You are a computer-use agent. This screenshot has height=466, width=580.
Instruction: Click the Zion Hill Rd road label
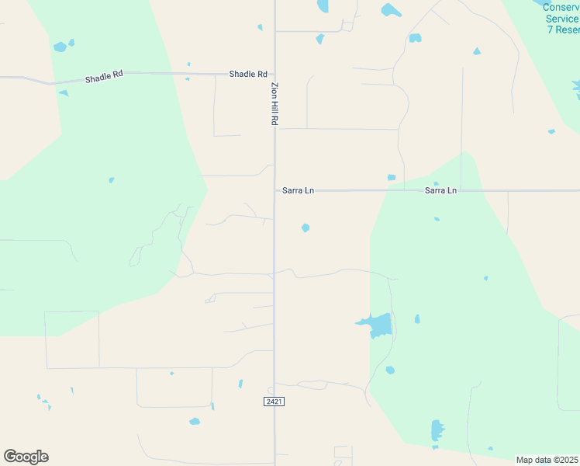tap(274, 104)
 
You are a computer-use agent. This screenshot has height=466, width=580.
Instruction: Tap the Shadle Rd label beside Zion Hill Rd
tap(247, 74)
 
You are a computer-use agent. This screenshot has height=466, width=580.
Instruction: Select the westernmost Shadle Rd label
tap(104, 79)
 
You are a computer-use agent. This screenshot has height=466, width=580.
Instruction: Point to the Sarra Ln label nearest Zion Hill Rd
tap(299, 190)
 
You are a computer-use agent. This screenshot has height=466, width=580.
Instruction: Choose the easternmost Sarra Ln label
tap(440, 190)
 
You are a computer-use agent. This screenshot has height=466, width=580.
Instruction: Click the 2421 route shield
tap(274, 401)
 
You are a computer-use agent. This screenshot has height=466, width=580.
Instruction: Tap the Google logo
tap(26, 457)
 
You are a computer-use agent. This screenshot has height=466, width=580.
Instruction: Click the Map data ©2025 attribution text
tap(547, 460)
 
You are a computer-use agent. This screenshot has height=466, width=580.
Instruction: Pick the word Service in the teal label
tap(561, 19)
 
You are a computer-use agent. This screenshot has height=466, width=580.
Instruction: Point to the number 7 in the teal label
tap(549, 30)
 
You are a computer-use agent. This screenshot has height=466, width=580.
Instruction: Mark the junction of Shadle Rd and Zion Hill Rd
tap(274, 75)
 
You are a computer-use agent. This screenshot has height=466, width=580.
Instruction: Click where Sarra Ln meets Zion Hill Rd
tap(274, 190)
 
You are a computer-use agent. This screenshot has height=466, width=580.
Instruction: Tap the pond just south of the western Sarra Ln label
tap(306, 228)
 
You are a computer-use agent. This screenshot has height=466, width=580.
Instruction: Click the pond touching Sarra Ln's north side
tap(392, 178)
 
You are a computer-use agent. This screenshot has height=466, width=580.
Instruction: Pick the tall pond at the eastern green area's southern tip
tap(437, 430)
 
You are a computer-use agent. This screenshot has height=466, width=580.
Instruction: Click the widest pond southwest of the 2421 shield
tap(195, 422)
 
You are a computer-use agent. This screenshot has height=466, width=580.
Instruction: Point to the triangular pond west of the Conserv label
tap(477, 52)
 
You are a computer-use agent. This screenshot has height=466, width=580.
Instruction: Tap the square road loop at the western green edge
tap(72, 339)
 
